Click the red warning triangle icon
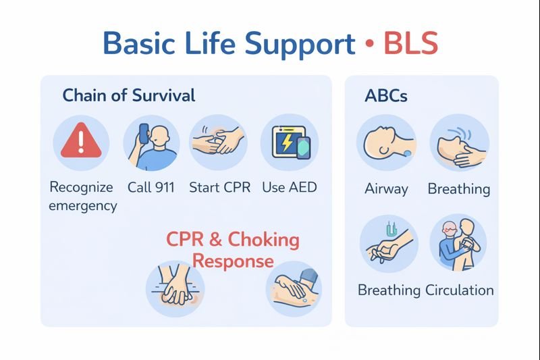(x=81, y=143)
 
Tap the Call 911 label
(x=151, y=187)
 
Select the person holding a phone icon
(x=151, y=143)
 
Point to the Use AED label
(x=289, y=187)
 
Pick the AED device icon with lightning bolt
(x=289, y=143)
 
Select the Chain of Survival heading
(x=129, y=95)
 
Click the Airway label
(x=386, y=188)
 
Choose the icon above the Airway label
(x=386, y=143)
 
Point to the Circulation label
(x=460, y=290)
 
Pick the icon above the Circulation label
(x=459, y=244)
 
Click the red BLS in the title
(x=410, y=44)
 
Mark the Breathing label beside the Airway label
(x=459, y=188)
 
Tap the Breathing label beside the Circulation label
(x=389, y=290)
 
